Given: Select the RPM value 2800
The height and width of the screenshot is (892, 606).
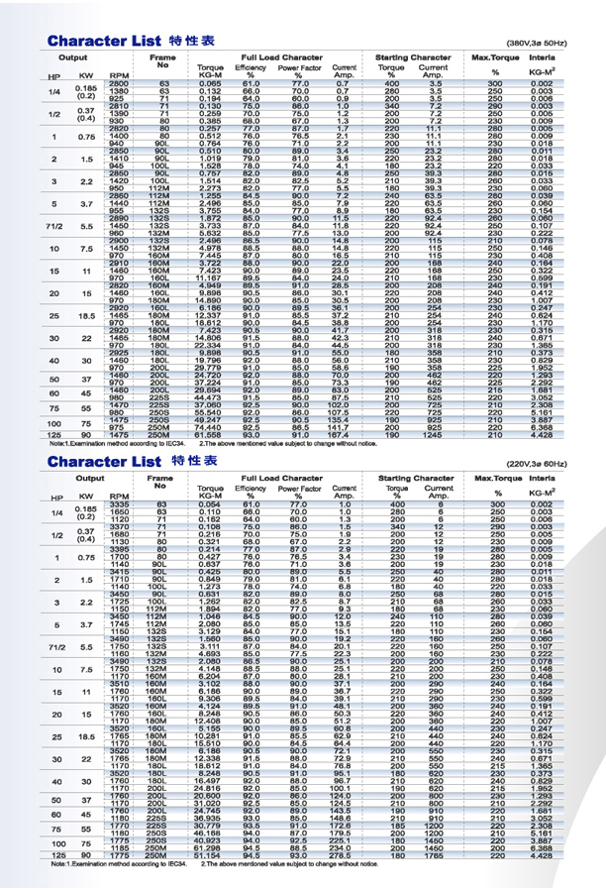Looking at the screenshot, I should (x=117, y=82).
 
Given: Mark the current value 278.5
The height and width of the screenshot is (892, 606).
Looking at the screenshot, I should (x=343, y=854).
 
